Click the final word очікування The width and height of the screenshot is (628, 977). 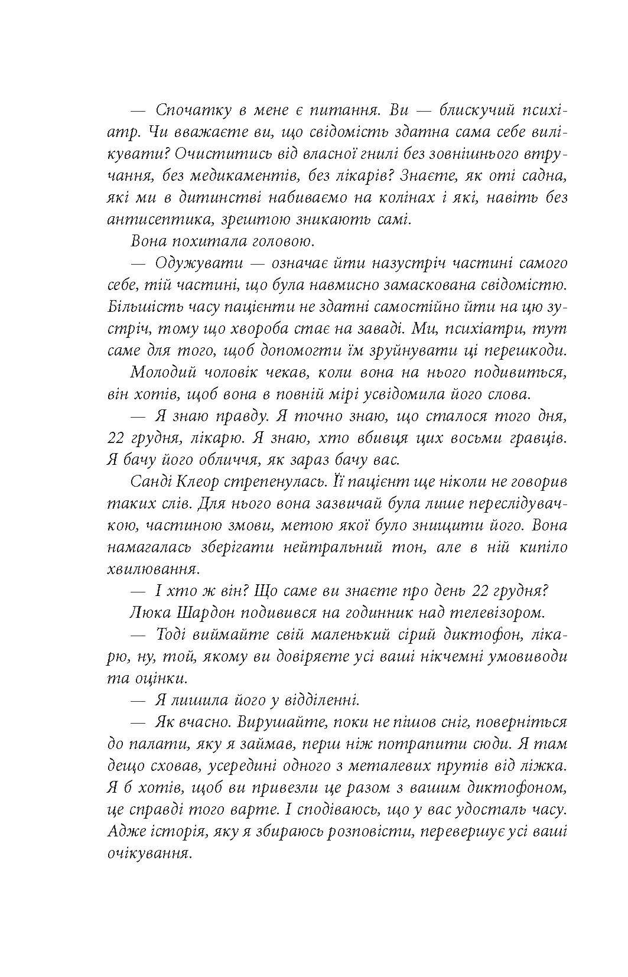click(x=150, y=854)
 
